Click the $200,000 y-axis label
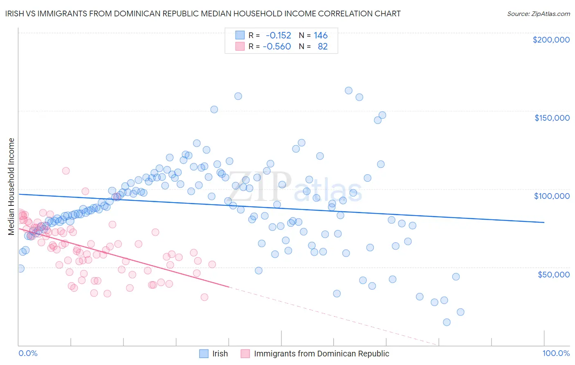(x=551, y=40)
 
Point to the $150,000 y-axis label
(x=552, y=118)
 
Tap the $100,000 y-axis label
(x=552, y=196)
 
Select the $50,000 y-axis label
(x=553, y=274)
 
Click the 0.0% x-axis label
(x=28, y=353)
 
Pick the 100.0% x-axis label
(x=556, y=353)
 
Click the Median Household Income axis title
(x=11, y=187)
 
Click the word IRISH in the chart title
(x=15, y=14)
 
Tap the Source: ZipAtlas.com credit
(x=538, y=14)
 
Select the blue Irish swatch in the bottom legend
(x=204, y=354)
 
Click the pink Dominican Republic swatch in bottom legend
(x=245, y=354)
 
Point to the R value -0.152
(x=278, y=36)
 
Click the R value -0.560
(x=277, y=46)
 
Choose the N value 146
(x=321, y=36)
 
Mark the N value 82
(x=323, y=46)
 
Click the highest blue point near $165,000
(x=348, y=90)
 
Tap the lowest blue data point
(x=447, y=322)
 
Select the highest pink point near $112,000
(x=66, y=171)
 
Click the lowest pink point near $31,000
(x=204, y=297)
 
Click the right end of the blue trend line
(x=544, y=222)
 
